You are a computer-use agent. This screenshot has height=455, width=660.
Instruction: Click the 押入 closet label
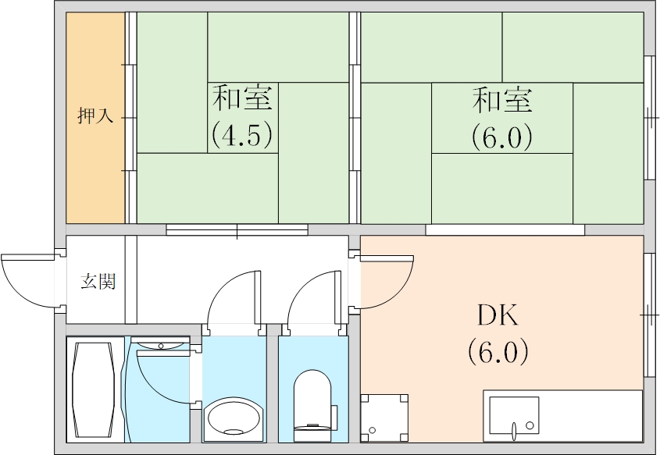(x=95, y=117)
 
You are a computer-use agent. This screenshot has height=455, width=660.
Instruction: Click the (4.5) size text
(x=242, y=135)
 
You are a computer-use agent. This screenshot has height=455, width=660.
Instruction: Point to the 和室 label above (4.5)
(x=242, y=100)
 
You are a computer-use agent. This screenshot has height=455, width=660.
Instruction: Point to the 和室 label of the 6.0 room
(x=501, y=100)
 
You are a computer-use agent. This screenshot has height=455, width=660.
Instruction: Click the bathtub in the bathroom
(x=95, y=388)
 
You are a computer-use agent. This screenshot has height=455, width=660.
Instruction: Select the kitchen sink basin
(x=513, y=414)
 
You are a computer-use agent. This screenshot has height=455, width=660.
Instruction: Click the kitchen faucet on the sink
(x=514, y=428)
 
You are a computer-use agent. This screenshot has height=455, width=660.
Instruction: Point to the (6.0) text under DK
(x=498, y=350)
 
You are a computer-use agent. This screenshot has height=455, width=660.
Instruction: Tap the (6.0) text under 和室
(x=501, y=137)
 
